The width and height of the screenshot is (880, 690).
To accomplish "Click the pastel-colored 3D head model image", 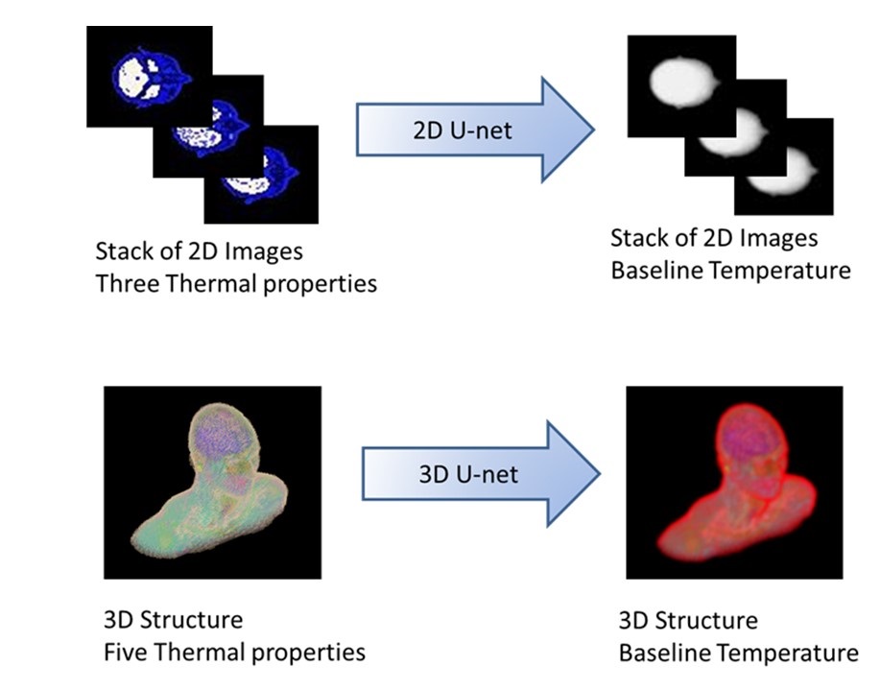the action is [212, 481].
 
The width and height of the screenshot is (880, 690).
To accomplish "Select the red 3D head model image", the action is [734, 482].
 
